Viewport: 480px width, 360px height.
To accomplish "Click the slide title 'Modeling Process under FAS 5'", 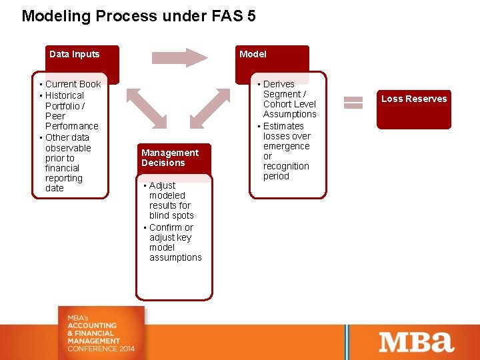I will [x=139, y=16].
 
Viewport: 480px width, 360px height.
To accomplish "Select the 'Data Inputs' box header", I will [x=74, y=55].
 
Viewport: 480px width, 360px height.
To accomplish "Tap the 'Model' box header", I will [x=253, y=55].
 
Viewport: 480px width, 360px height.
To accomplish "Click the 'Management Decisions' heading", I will [x=169, y=158].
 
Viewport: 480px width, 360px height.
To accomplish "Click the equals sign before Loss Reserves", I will [x=353, y=102].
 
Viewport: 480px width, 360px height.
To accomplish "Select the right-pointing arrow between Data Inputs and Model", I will [x=179, y=57].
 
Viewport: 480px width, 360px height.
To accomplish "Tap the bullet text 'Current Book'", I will [x=73, y=84].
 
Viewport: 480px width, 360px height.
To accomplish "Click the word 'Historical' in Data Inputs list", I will [x=65, y=95].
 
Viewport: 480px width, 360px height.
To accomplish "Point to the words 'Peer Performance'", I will [x=71, y=121].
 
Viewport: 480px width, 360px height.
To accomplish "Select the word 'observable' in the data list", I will [x=68, y=148].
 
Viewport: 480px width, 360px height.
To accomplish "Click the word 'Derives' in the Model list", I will [x=279, y=84].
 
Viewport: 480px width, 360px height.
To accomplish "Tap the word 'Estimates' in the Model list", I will [x=283, y=126].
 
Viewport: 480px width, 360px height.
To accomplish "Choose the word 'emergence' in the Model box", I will [x=287, y=146].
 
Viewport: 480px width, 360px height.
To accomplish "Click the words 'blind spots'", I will [x=171, y=215].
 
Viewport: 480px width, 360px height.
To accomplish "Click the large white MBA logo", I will [x=417, y=342].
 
